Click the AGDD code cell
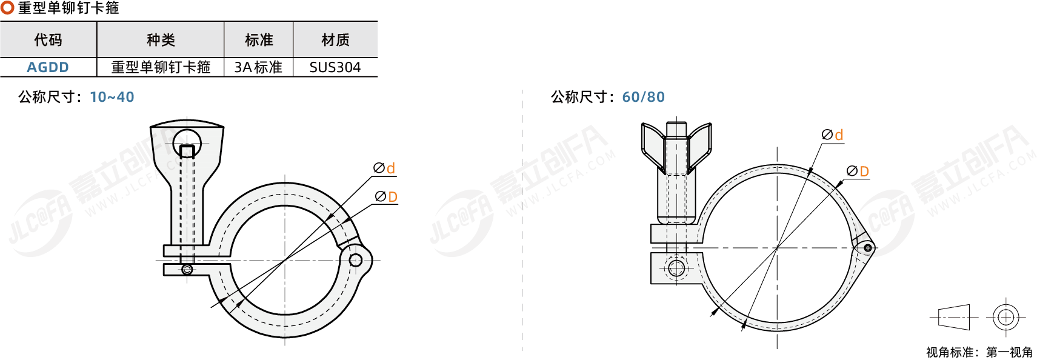click(x=48, y=67)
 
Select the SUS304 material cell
click(x=335, y=67)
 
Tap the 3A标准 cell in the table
click(x=258, y=67)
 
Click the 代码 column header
click(x=48, y=40)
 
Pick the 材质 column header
click(x=335, y=40)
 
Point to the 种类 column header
click(x=161, y=40)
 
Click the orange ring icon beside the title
click(x=7, y=7)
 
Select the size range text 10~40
click(x=112, y=97)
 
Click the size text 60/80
click(x=644, y=97)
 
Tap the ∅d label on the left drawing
click(x=384, y=168)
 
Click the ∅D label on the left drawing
click(x=386, y=196)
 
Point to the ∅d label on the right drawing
click(x=832, y=135)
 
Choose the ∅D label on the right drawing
click(x=858, y=171)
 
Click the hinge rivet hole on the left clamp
click(x=356, y=259)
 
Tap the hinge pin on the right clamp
click(x=867, y=248)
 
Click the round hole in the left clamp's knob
click(x=187, y=142)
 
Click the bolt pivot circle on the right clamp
click(x=676, y=267)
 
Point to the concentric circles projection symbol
click(x=1005, y=318)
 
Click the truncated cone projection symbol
click(x=954, y=318)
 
